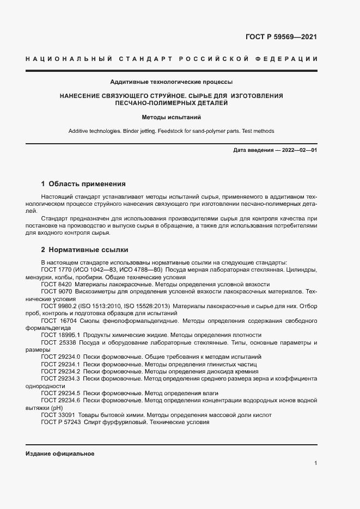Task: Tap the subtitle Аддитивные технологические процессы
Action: point(171,82)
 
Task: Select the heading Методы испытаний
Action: point(171,117)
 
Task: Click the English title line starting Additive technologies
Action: point(171,131)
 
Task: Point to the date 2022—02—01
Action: point(299,149)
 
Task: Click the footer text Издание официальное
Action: point(60,453)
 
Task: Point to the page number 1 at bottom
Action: point(315,463)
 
